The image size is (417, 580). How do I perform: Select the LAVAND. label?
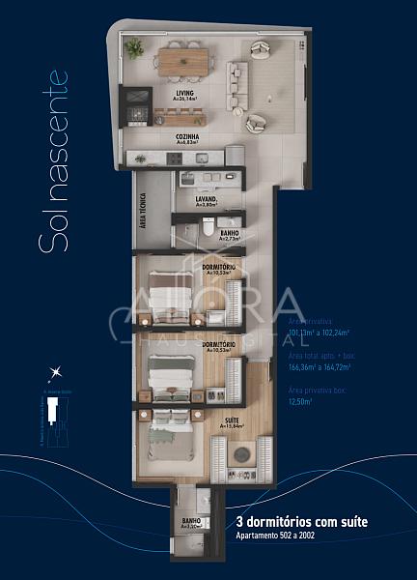tap(206, 199)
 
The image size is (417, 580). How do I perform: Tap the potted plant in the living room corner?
tap(133, 47)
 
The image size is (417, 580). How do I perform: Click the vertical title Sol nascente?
tap(54, 160)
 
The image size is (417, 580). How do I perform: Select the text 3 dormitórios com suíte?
tap(301, 522)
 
